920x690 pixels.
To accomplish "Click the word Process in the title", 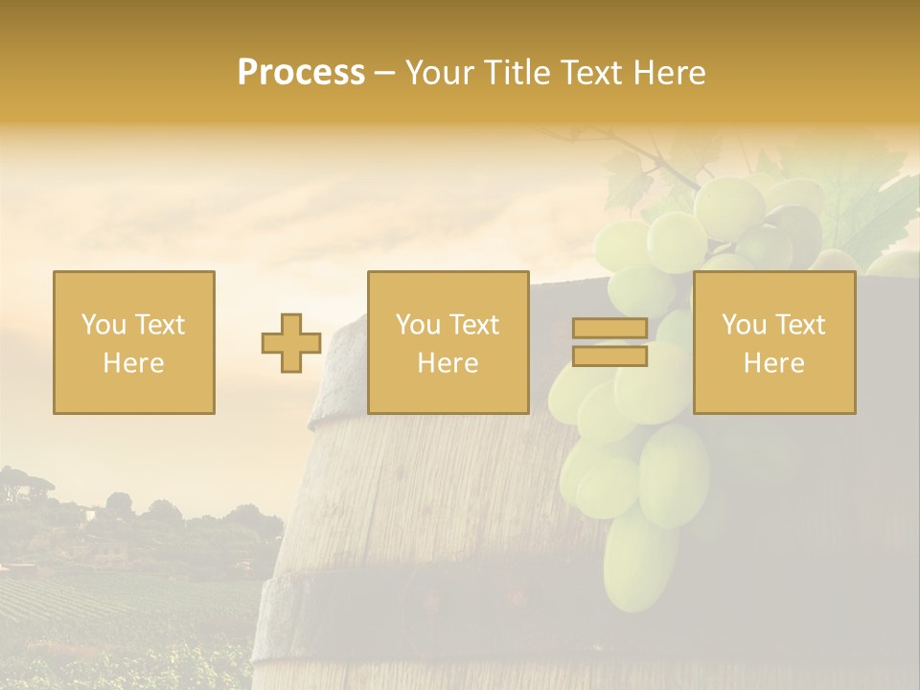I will click(x=301, y=73).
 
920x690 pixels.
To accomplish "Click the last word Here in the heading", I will click(x=675, y=73).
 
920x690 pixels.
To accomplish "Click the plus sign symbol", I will click(x=291, y=343).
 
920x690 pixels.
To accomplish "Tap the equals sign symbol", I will click(x=609, y=343).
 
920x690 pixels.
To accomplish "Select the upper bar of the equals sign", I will click(x=609, y=329).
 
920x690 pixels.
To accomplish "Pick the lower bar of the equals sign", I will click(x=609, y=356).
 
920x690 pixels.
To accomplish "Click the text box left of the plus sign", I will click(x=134, y=343).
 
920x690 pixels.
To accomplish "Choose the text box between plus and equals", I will click(x=448, y=343).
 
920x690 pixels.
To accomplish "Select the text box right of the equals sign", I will click(x=774, y=343).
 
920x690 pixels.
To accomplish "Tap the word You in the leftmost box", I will click(x=101, y=325).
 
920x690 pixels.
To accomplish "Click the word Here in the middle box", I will click(x=448, y=363).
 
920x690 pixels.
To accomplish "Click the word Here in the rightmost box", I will click(x=774, y=363).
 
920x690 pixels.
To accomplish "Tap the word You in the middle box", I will click(x=416, y=325).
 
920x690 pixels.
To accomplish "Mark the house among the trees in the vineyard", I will click(x=107, y=549).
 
